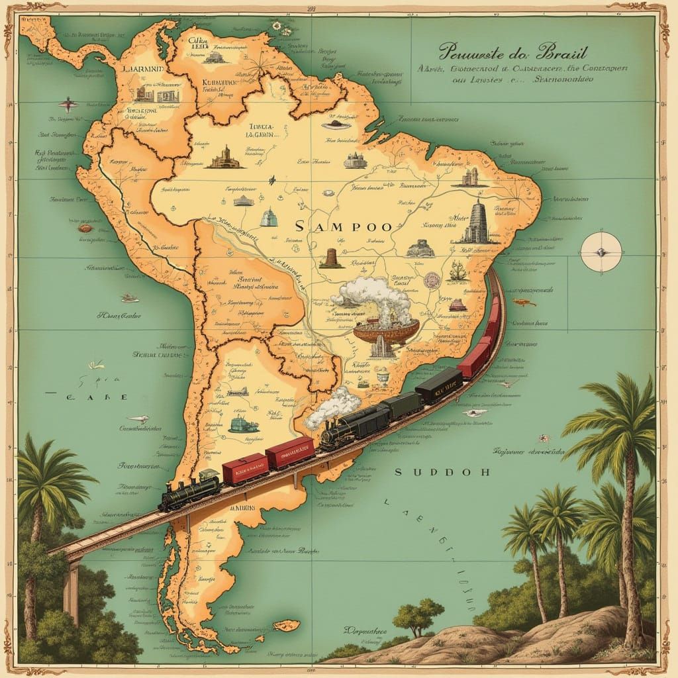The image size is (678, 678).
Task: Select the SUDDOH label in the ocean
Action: [442, 472]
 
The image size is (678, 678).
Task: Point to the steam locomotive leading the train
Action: [189, 490]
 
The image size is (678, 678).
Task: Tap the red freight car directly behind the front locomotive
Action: [245, 468]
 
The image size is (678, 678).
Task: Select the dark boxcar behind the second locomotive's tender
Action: [401, 405]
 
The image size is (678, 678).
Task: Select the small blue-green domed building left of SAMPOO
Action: [268, 217]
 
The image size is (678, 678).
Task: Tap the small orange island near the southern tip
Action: [286, 625]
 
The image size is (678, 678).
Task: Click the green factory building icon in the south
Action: [240, 424]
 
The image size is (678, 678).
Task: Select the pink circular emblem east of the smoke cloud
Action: [432, 279]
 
